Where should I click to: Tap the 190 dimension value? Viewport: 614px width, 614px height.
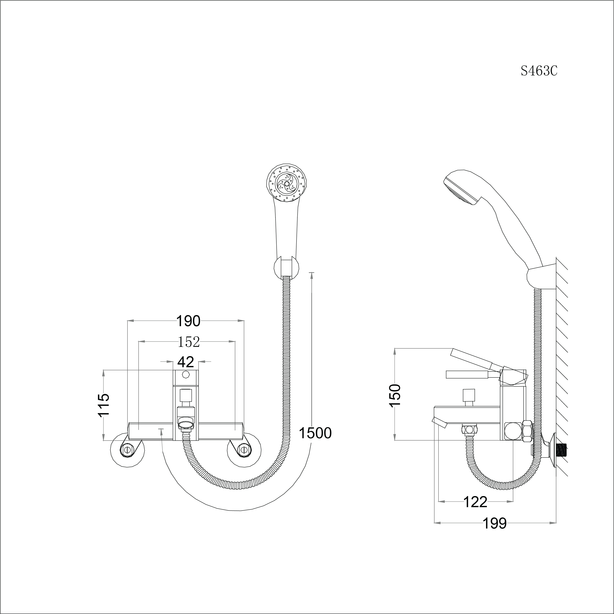coord(188,321)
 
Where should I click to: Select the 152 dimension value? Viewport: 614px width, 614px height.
coord(188,342)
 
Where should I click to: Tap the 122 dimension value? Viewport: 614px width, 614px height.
coord(475,502)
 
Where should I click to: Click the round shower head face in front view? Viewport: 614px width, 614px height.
coord(286,184)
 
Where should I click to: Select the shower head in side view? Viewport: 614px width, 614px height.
coord(461,187)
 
